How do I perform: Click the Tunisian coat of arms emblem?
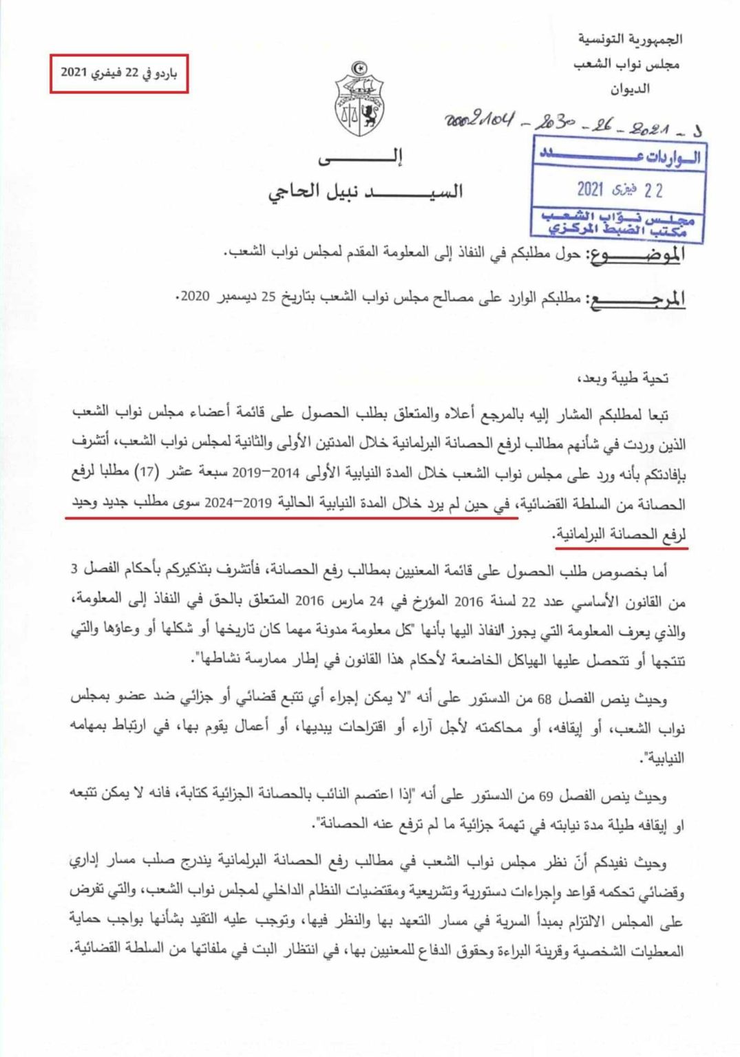tap(359, 100)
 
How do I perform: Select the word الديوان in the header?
tap(629, 89)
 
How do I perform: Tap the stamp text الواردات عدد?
tap(620, 156)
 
